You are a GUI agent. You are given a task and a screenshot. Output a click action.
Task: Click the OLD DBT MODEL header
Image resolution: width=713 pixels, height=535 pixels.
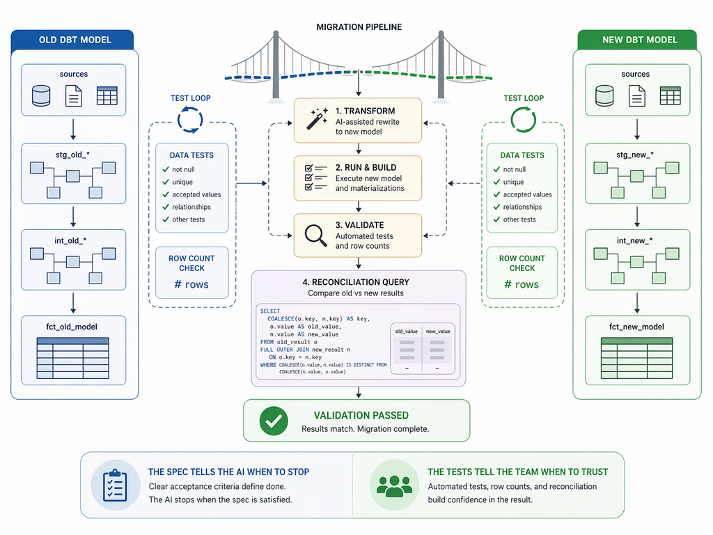(75, 40)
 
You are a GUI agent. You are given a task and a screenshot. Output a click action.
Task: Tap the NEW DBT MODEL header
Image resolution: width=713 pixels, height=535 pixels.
(639, 40)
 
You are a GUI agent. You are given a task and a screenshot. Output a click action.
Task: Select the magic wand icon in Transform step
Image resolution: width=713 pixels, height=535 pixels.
(317, 118)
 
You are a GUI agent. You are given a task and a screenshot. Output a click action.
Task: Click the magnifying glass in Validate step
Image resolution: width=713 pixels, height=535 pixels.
(315, 235)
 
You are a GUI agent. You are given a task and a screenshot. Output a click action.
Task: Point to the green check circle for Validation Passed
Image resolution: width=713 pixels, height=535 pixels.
(274, 421)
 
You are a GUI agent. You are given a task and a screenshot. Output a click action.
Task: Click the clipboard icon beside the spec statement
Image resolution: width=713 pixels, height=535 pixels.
(115, 486)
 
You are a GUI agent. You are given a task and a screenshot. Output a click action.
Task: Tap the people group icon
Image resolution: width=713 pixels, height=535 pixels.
(394, 486)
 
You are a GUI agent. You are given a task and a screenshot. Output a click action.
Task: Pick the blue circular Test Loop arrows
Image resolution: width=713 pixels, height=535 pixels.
(190, 120)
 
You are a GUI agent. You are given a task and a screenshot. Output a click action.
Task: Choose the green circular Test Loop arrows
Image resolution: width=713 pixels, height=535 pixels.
(524, 120)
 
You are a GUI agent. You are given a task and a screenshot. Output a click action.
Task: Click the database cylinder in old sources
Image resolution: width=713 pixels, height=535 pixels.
(41, 95)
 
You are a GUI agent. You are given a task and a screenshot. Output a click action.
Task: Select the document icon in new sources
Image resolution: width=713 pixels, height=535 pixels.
(636, 95)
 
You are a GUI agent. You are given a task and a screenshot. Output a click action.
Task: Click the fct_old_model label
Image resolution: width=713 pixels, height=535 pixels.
(72, 327)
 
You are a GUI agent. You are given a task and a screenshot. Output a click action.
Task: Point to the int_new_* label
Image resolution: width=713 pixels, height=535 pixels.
(634, 240)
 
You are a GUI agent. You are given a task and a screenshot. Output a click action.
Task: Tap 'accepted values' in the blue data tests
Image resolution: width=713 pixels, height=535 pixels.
(196, 194)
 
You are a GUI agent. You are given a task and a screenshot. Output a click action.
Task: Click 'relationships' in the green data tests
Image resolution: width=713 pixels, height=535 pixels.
(522, 207)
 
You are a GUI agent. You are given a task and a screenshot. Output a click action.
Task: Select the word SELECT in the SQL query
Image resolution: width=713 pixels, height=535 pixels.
(270, 311)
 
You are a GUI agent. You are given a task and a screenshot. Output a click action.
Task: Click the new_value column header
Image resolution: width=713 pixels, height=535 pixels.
(438, 331)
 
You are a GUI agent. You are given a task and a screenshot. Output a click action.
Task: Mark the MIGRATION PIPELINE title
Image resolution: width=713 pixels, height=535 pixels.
(359, 27)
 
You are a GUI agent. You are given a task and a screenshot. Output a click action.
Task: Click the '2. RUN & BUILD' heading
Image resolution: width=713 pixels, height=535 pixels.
(366, 167)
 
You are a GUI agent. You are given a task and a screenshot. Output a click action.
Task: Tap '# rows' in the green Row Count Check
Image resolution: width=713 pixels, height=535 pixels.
(522, 284)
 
